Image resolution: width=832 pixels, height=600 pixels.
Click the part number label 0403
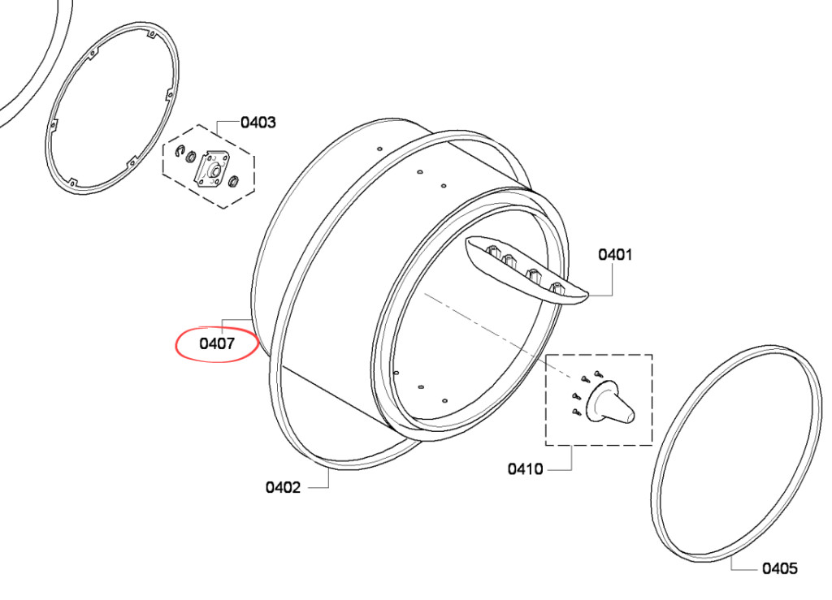pyautogui.click(x=258, y=123)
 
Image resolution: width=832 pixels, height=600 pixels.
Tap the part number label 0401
pyautogui.click(x=616, y=254)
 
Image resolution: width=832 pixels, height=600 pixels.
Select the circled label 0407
pyautogui.click(x=217, y=344)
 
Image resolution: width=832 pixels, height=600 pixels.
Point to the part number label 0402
pyautogui.click(x=284, y=487)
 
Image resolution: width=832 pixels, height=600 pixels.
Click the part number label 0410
pyautogui.click(x=526, y=469)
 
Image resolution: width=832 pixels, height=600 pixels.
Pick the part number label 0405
pyautogui.click(x=780, y=568)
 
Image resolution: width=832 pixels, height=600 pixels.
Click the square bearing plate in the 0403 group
pyautogui.click(x=214, y=170)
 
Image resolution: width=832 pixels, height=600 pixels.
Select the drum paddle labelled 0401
pyautogui.click(x=526, y=270)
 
